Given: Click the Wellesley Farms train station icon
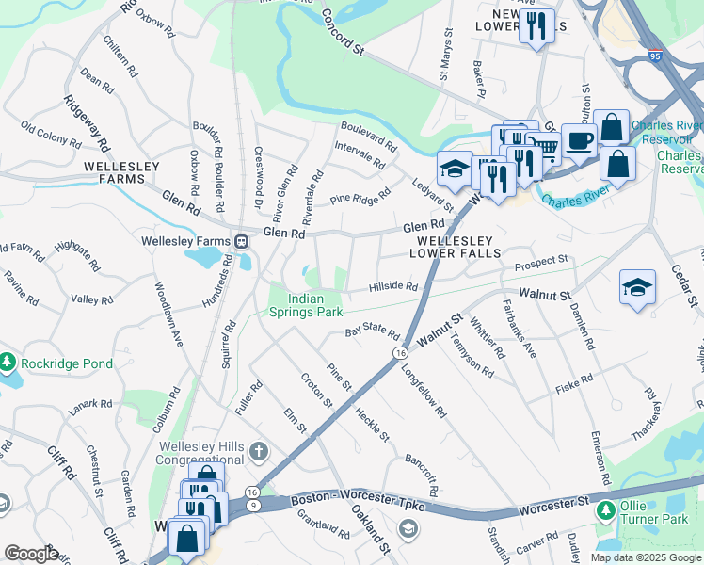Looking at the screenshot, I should pos(242,240).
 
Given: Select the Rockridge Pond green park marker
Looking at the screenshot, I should pos(8,363).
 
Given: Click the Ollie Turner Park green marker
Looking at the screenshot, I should pos(605,510).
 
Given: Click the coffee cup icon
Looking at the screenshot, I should pos(579,139).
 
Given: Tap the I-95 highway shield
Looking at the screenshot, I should pos(653,56).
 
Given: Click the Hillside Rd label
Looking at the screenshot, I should pos(392,286).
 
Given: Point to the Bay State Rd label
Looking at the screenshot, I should pos(372,333).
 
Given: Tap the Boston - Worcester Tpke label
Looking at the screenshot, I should pos(359,502).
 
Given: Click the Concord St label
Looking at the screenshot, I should pos(343,32).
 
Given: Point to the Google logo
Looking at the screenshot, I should pos(32,553).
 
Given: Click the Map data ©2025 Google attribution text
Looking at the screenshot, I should pos(646,557).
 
